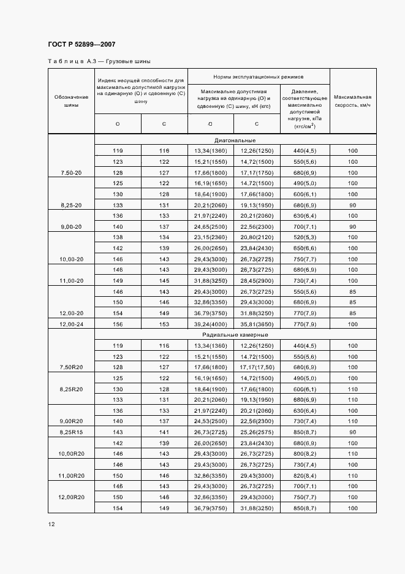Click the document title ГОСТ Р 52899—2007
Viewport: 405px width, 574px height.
(x=81, y=44)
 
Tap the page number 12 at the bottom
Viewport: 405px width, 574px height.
(x=51, y=524)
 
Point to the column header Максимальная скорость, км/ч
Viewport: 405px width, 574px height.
(x=353, y=101)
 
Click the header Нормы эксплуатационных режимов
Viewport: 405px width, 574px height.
(x=259, y=77)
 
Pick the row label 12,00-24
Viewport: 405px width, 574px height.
(x=71, y=323)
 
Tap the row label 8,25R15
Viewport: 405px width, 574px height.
(x=71, y=432)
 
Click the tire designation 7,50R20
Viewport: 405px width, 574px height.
(x=71, y=367)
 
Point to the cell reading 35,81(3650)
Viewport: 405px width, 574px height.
(x=256, y=323)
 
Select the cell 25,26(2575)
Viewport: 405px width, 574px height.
(x=256, y=432)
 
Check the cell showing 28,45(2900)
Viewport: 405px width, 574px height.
(x=256, y=280)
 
